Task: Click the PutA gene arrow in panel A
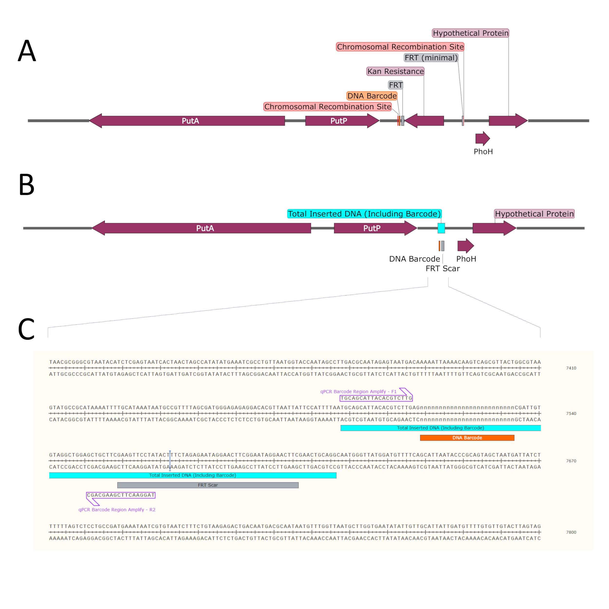point(187,121)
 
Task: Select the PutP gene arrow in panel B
point(375,228)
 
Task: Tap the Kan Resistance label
point(395,71)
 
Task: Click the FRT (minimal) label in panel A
point(431,58)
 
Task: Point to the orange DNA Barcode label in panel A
point(372,96)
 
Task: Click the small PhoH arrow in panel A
point(483,139)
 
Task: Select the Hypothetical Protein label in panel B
point(534,214)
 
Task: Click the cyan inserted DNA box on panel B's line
point(441,228)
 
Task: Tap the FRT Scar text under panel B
point(443,268)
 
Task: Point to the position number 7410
point(571,368)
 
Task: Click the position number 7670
point(571,461)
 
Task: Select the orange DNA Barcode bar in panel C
point(467,438)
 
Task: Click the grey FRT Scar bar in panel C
point(208,485)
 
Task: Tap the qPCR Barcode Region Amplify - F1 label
point(358,391)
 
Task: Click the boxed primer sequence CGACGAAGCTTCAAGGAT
point(121,495)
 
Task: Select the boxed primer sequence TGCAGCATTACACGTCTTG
point(376,398)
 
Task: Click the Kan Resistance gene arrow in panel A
point(424,121)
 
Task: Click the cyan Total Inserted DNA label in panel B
point(364,214)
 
